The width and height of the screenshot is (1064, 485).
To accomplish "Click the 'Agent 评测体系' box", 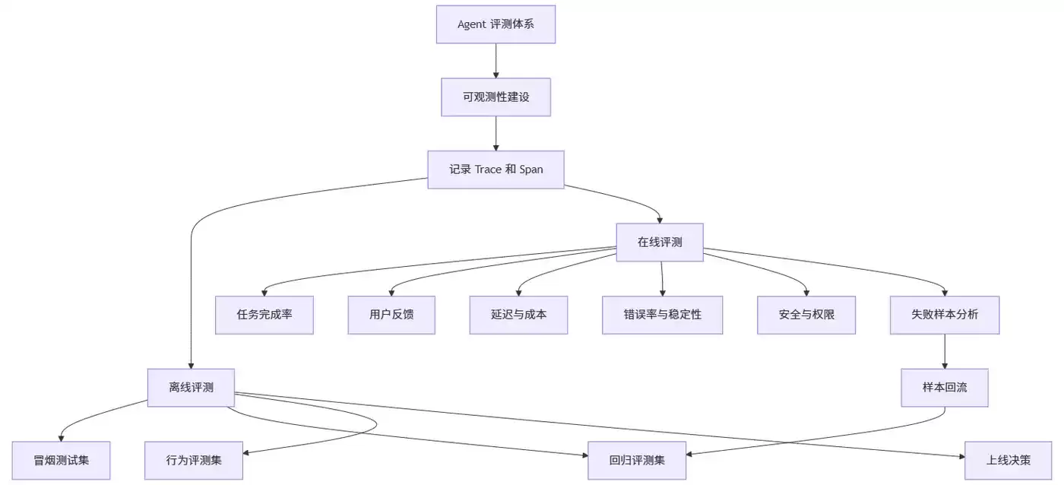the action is click(496, 24).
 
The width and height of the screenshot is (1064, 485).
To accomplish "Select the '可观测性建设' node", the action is click(496, 97).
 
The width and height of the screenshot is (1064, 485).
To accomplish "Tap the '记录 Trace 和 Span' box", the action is click(496, 170).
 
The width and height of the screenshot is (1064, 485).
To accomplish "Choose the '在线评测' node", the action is click(660, 242).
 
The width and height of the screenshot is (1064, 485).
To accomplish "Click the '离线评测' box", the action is click(191, 388).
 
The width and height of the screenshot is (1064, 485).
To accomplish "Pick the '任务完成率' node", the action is click(264, 315).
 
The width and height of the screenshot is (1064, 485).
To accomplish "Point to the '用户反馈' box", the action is click(391, 315).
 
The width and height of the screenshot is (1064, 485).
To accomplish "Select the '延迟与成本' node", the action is click(518, 315).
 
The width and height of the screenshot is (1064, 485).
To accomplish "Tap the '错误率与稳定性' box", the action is click(663, 315).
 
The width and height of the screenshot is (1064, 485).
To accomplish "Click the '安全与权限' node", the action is click(806, 315).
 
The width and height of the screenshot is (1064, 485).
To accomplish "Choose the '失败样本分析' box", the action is click(945, 315).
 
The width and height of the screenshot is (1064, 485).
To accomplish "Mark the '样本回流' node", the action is click(945, 388).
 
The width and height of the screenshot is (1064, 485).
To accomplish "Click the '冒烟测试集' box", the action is click(62, 461).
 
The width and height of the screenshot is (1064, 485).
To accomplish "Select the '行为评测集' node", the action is click(194, 461).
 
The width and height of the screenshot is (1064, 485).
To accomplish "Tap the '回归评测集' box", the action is click(637, 461).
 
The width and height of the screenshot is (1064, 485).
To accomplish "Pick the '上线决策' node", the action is click(1009, 461).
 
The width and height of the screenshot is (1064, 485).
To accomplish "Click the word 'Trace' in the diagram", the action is click(488, 170).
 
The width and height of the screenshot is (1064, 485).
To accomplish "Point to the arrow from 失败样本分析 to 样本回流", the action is click(945, 351).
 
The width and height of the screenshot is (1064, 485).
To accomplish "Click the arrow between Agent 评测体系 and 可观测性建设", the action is click(496, 61).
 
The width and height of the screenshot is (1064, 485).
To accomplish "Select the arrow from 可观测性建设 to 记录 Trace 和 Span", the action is click(496, 134).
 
